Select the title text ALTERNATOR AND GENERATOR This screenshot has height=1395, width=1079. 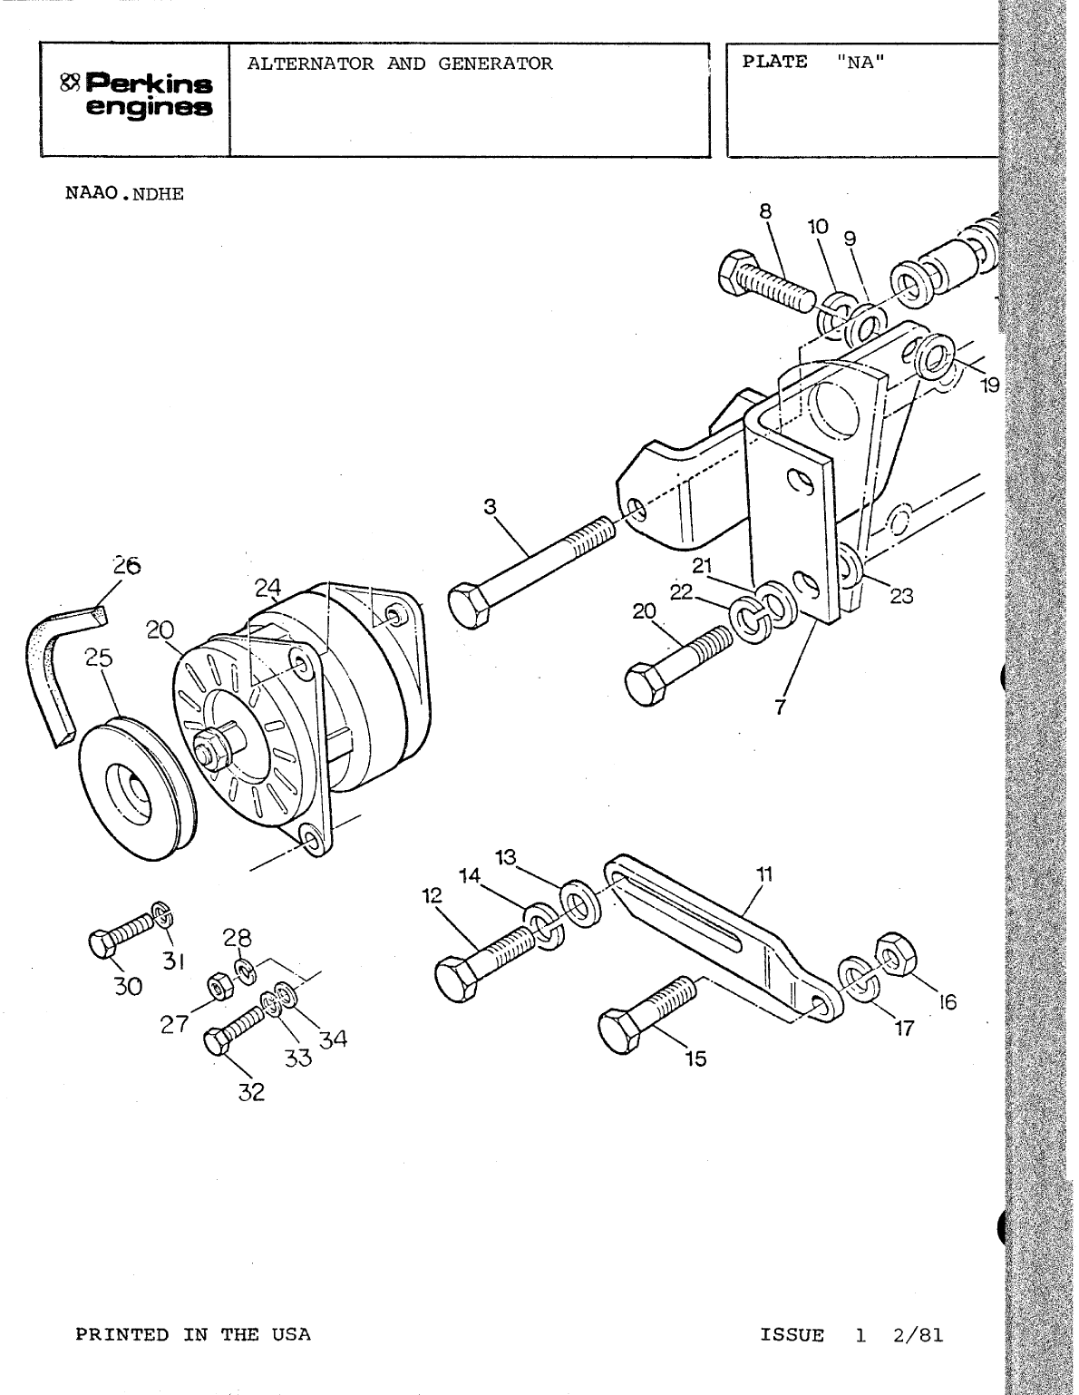click(x=400, y=63)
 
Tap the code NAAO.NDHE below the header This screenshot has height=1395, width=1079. click(x=124, y=194)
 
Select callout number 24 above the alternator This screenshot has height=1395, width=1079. click(x=267, y=588)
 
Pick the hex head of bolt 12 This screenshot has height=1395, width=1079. click(x=457, y=978)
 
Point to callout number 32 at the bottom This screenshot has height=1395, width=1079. click(x=251, y=1093)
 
